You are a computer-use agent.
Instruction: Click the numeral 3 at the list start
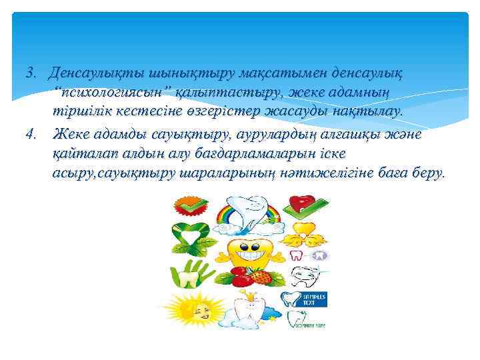click(x=29, y=71)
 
